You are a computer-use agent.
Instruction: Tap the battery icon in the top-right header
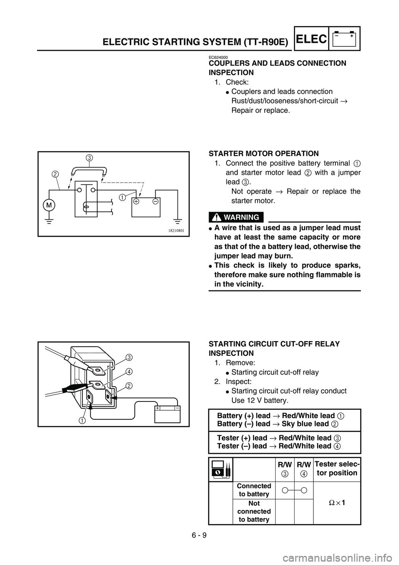[345, 38]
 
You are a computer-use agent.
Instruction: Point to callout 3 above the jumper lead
[89, 157]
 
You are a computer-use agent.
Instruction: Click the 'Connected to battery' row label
[254, 490]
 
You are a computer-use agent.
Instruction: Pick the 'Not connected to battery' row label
[254, 511]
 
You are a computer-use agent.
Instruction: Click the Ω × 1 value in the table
[337, 502]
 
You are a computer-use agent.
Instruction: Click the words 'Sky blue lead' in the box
[305, 424]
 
